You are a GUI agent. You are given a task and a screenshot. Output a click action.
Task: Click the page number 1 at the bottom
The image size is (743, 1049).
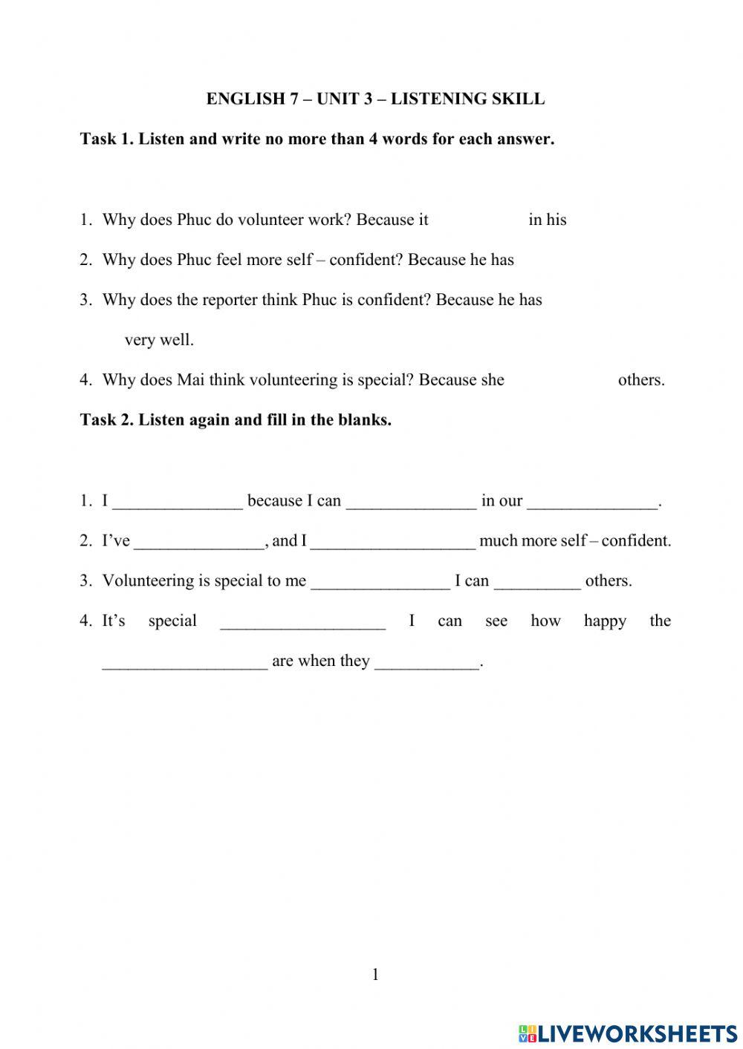click(375, 975)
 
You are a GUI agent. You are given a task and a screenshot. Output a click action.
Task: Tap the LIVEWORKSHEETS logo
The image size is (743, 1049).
click(627, 1033)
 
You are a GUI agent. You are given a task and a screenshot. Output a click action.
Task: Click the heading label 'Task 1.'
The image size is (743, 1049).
click(107, 139)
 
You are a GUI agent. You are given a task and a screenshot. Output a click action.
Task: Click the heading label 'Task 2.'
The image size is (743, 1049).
click(107, 419)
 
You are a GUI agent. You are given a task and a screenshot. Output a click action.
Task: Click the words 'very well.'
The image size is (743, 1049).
click(159, 340)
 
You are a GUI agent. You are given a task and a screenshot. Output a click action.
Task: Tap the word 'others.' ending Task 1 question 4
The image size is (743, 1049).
click(641, 380)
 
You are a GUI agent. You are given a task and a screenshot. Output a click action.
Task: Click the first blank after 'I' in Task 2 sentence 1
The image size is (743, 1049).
click(178, 503)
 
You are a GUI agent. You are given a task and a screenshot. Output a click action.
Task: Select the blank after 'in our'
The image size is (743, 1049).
click(592, 503)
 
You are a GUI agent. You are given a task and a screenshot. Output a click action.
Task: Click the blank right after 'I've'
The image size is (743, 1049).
click(199, 543)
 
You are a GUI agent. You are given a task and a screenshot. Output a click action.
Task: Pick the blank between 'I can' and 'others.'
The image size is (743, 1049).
click(537, 583)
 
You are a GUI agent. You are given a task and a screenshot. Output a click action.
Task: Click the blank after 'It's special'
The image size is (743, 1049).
click(303, 623)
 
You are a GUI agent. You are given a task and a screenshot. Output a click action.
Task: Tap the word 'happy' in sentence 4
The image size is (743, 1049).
click(605, 621)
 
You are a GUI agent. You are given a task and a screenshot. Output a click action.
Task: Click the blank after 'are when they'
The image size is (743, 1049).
click(427, 663)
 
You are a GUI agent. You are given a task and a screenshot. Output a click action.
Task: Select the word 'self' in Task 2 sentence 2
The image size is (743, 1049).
click(574, 540)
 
